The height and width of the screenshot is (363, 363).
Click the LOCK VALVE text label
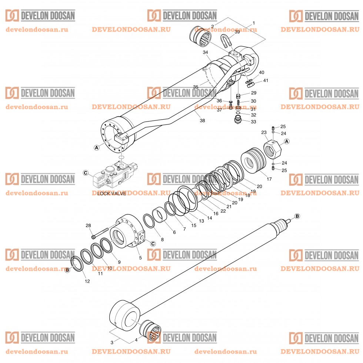pyautogui.click(x=111, y=193)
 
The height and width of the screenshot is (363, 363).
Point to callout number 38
pyautogui.click(x=202, y=120)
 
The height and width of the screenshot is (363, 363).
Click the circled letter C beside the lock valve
pyautogui.click(x=86, y=173)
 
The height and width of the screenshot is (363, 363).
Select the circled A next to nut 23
pyautogui.click(x=286, y=141)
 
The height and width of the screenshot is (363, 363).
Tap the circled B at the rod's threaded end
pyautogui.click(x=297, y=216)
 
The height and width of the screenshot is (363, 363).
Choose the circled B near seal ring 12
pyautogui.click(x=67, y=270)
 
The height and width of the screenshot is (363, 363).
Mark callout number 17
pyautogui.click(x=269, y=179)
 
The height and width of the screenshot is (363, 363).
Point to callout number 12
pyautogui.click(x=87, y=282)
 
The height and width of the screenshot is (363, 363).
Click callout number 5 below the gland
pyautogui.click(x=140, y=257)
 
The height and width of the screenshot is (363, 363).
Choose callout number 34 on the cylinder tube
pyautogui.click(x=205, y=53)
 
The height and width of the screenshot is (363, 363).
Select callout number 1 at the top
pyautogui.click(x=253, y=23)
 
